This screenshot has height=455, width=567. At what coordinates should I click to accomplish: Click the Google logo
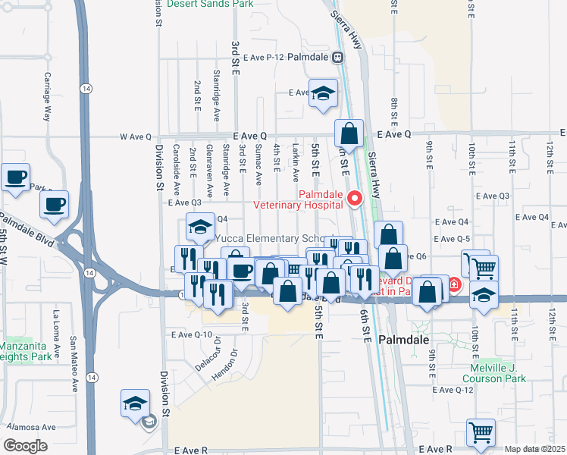[26, 446]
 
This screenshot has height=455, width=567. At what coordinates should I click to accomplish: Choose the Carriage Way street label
[47, 97]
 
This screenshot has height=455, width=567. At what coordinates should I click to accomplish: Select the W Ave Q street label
[136, 136]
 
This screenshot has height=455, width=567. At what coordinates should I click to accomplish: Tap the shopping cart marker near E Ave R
[481, 432]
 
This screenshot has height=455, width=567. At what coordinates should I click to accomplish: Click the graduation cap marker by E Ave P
[324, 93]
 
